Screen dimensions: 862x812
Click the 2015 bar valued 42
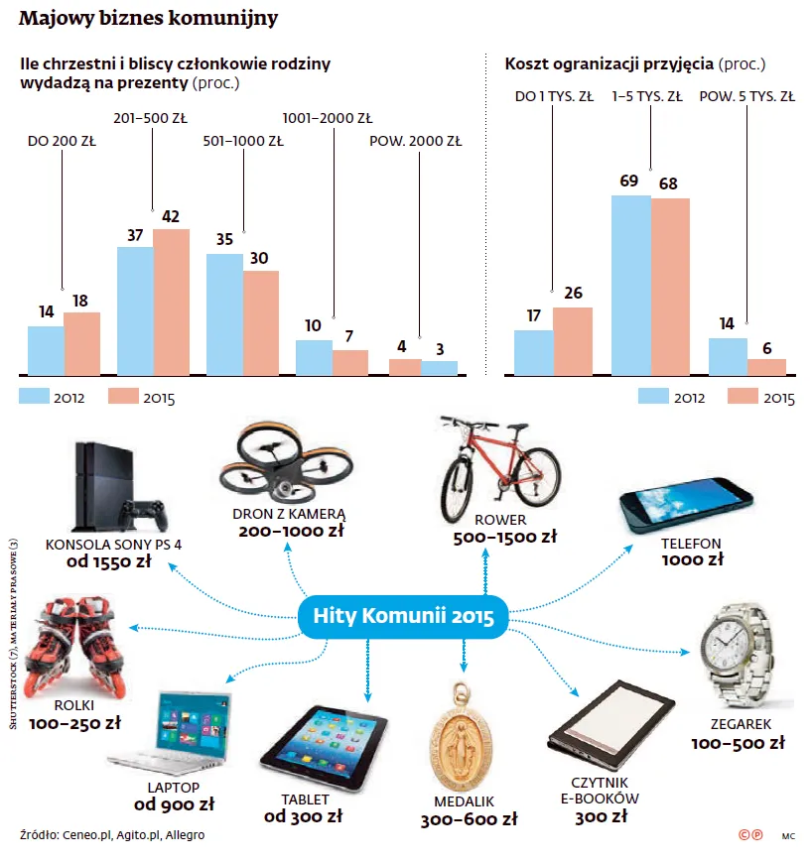click(171, 303)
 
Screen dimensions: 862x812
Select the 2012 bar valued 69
click(630, 286)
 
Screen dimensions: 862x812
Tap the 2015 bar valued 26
click(573, 341)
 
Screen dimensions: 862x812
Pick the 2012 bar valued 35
click(224, 314)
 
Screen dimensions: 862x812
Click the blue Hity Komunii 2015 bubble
click(404, 616)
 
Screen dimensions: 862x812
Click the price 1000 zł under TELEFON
click(691, 559)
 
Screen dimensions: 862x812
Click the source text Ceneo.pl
click(87, 835)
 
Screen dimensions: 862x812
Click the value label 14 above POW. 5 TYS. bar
click(727, 323)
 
